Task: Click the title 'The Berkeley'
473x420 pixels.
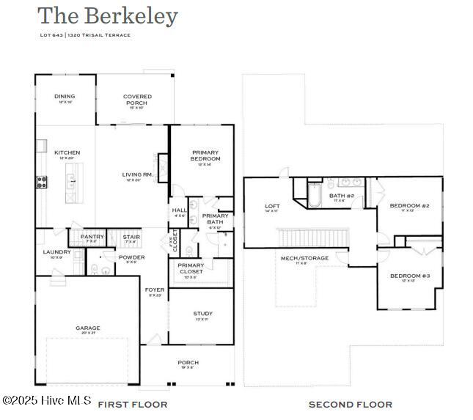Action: [x=108, y=16]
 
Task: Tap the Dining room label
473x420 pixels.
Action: [x=65, y=96]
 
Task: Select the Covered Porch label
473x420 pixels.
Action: [x=137, y=100]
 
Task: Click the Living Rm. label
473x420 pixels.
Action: [x=137, y=174]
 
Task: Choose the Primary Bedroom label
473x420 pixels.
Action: [x=205, y=156]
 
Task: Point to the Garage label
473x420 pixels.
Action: [x=88, y=328]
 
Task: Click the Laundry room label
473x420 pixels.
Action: [x=56, y=252]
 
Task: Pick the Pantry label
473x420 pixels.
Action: [x=92, y=237]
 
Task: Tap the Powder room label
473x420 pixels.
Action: [x=132, y=257]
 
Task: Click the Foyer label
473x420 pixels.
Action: [x=155, y=290]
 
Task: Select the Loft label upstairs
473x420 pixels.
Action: [x=271, y=207]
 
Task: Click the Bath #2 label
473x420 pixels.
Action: [x=342, y=196]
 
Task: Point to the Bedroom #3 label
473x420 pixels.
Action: [x=409, y=276]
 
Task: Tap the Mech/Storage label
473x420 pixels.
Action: [x=304, y=258]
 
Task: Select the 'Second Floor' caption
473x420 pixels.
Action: [x=350, y=404]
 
